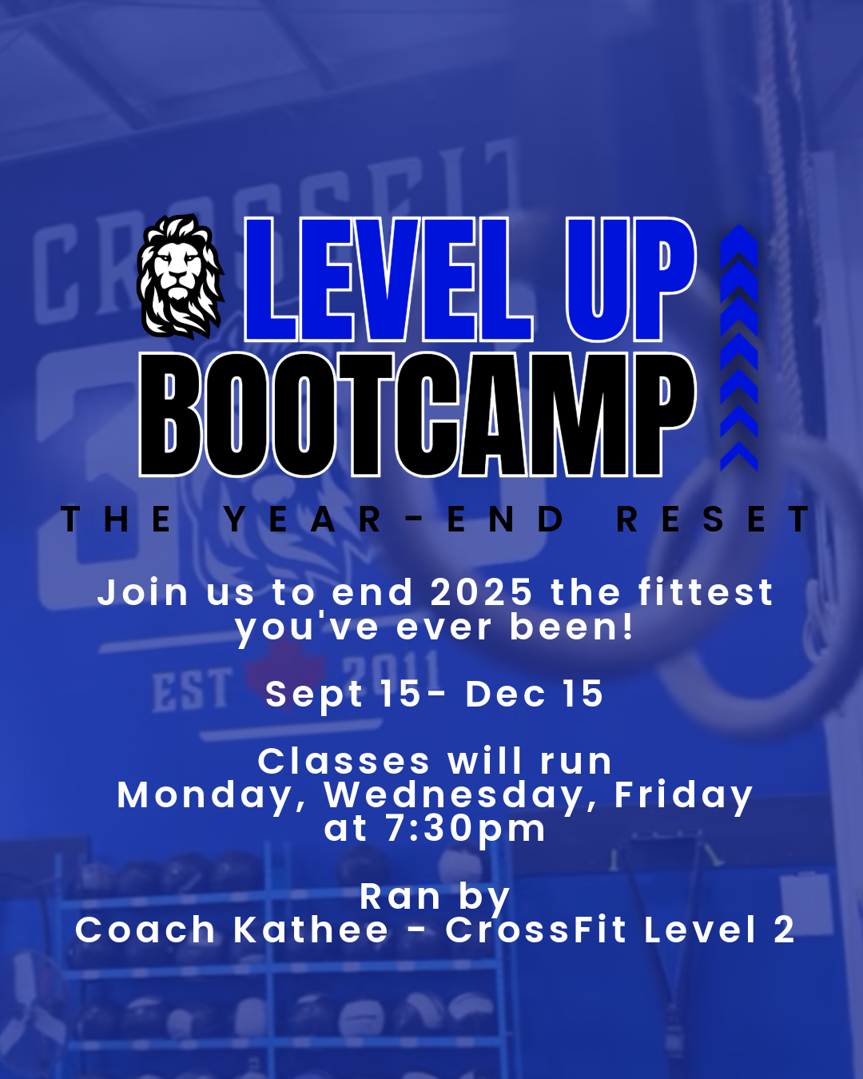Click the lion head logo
point(181,277)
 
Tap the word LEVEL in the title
point(388,280)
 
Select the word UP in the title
point(630,280)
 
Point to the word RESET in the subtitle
point(713,520)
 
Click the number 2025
point(481,593)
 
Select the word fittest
point(706,593)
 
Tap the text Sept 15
point(343,694)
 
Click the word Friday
point(683,796)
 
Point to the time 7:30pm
point(466,829)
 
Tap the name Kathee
point(311,930)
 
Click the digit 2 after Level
point(784,930)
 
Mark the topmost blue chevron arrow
point(739,240)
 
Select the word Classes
point(344,762)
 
